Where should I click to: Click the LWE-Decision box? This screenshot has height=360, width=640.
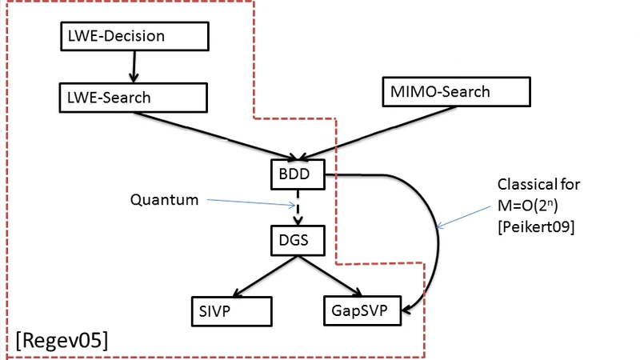[x=134, y=36]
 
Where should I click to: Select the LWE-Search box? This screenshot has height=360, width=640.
[x=134, y=98]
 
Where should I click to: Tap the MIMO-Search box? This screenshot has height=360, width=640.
[x=456, y=91]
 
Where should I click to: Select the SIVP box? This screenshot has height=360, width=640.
[x=232, y=309]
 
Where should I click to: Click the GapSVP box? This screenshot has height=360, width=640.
[x=360, y=309]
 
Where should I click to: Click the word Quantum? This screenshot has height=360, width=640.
[x=165, y=200]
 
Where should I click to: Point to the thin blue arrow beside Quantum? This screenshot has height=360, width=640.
[x=248, y=202]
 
